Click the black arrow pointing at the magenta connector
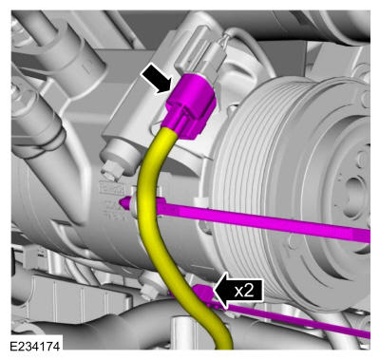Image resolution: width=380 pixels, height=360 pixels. coord(157,78)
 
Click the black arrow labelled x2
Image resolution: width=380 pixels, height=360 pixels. coord(238,291)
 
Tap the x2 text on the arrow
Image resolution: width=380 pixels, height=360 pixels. coord(244,291)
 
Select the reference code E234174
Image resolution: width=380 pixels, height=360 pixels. coord(35,346)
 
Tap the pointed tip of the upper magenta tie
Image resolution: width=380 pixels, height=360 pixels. coord(120,201)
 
